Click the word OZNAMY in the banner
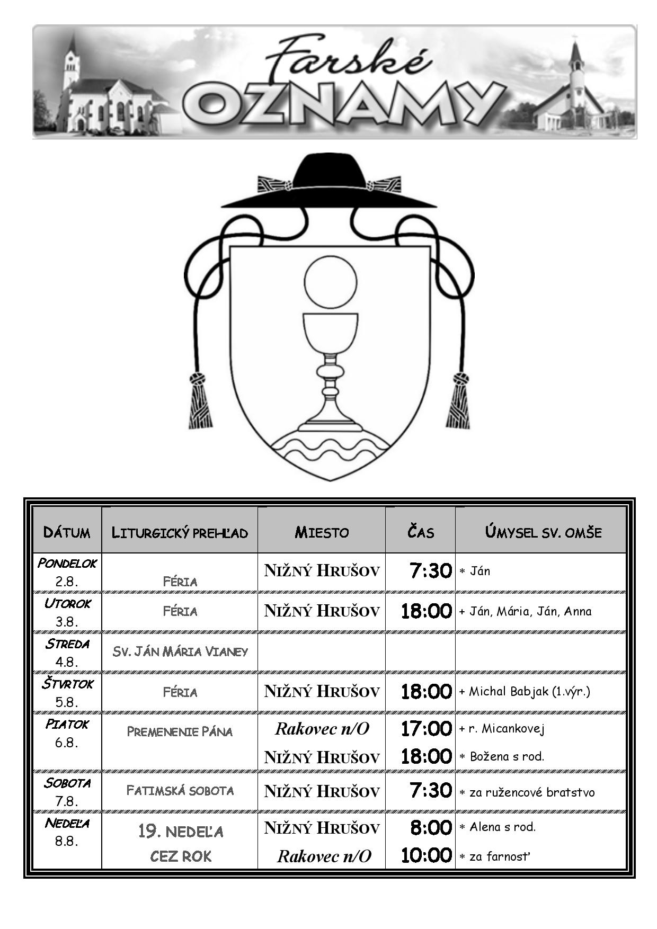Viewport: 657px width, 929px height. coord(344,104)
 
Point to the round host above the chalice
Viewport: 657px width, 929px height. coord(331,282)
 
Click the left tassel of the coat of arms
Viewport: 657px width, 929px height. coord(200,401)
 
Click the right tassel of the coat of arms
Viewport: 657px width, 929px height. coord(458,401)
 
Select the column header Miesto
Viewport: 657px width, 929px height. coord(322,532)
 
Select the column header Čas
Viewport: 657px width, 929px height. coord(421,531)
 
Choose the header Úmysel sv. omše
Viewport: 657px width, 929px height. coord(543,532)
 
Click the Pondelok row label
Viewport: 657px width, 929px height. coord(67,563)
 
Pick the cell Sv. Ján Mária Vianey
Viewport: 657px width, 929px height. coord(180,651)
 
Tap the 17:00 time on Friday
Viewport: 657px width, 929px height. coord(426,729)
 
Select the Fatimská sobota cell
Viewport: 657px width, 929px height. coord(180,791)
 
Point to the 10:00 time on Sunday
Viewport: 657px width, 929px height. coord(426,855)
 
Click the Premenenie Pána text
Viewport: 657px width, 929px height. coord(180,732)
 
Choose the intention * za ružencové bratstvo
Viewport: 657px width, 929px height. coord(527,792)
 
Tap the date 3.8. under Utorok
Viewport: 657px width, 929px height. coord(67,622)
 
